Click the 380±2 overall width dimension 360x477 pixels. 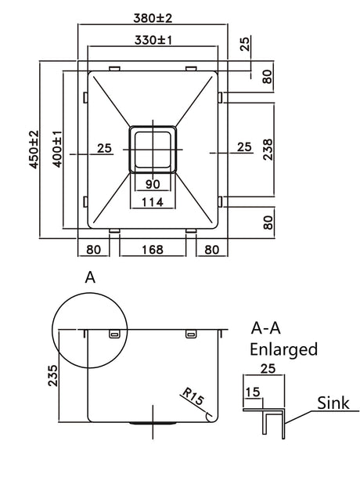coord(153,18)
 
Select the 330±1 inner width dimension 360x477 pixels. coord(153,40)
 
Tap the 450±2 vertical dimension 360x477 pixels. coord(34,150)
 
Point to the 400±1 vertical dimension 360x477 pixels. coord(57,149)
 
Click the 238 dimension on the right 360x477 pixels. coord(268,150)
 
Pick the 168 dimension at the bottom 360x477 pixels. coord(153,249)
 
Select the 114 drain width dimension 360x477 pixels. coord(153,202)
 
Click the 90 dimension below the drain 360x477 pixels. coord(153,184)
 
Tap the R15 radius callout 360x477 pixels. coord(193,396)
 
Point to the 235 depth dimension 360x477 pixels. coord(52,375)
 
